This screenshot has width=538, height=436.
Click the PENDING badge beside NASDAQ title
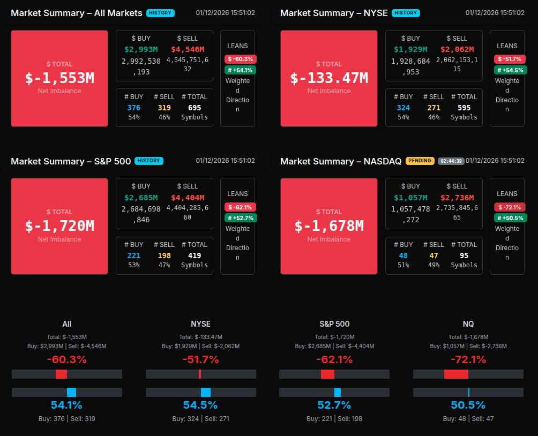pos(420,161)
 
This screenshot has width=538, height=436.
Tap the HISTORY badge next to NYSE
pos(406,13)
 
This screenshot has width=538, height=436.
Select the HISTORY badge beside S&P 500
pos(149,161)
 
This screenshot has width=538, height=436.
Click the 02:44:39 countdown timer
pos(451,161)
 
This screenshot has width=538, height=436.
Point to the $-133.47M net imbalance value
pos(329,78)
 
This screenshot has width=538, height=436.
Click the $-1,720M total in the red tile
pos(59,226)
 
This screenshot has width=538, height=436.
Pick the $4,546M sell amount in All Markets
pos(188,49)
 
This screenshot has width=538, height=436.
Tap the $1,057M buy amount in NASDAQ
pos(410,197)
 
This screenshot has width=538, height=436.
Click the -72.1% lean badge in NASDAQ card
pos(510,207)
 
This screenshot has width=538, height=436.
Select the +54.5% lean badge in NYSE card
pos(510,70)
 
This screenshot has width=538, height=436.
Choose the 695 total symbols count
pos(195,108)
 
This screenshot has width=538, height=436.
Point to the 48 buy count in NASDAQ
pos(403,255)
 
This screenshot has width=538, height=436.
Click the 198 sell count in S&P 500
pos(164,255)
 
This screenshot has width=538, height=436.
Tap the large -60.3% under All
pos(67,359)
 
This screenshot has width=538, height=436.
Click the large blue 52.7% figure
pos(334,405)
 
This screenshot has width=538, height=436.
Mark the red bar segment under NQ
pos(456,374)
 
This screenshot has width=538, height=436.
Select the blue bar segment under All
pos(71,392)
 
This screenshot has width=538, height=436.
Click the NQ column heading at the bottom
pos(468,324)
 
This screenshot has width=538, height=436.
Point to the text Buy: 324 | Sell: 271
pos(200,418)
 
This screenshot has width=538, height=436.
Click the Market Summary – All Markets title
pos(77,13)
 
